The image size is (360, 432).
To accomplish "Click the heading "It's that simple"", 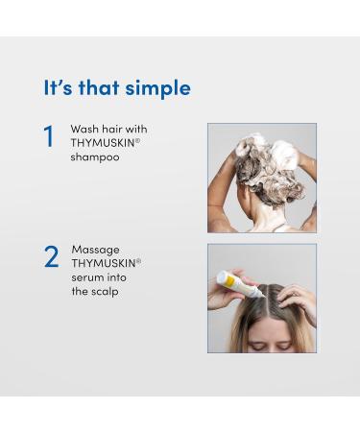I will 117,88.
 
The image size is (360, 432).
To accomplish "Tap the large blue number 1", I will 49,137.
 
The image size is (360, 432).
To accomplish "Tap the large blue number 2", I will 51,257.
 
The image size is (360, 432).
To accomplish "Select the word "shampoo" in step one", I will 94,157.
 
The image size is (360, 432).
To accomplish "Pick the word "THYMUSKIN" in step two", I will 103,262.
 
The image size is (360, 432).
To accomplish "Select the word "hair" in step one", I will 117,129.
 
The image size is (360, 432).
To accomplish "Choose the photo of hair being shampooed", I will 261,178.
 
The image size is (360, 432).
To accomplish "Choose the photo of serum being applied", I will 261,298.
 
